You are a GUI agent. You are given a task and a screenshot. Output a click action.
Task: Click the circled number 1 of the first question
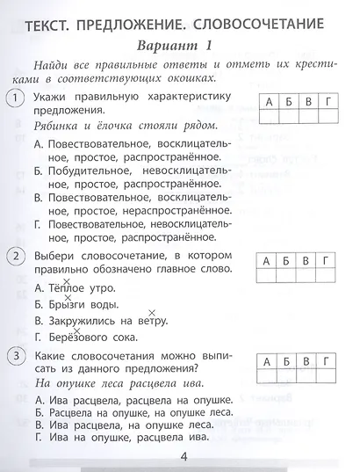15,101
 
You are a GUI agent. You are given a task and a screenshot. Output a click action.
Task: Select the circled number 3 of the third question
15,355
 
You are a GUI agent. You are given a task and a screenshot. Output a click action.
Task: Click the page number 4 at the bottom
183,454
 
